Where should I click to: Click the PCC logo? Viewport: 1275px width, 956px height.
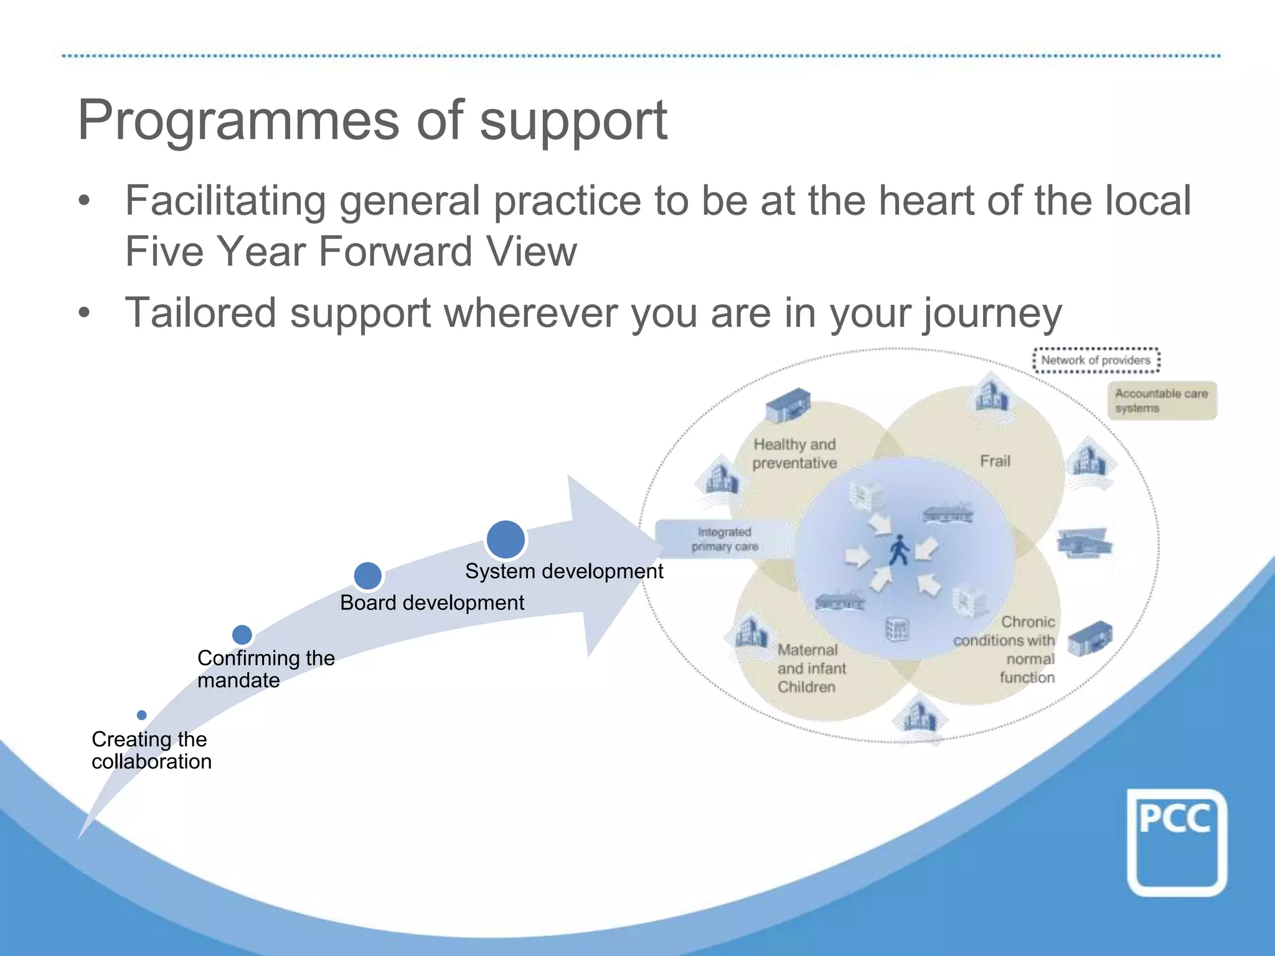click(1176, 841)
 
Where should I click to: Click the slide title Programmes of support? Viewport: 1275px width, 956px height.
click(372, 120)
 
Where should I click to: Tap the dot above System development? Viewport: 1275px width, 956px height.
click(506, 539)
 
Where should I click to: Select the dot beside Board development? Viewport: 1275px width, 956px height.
click(367, 576)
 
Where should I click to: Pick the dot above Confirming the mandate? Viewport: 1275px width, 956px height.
click(242, 635)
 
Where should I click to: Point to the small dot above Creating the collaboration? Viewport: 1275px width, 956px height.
click(142, 715)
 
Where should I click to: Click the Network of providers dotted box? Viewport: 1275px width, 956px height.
click(1096, 360)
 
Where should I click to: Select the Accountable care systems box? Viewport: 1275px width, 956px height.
click(1161, 401)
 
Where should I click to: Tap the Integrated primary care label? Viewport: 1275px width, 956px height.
click(724, 539)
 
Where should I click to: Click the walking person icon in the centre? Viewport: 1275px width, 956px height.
click(898, 550)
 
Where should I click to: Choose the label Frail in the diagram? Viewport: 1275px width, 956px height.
click(995, 461)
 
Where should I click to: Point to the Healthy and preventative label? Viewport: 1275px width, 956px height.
click(794, 454)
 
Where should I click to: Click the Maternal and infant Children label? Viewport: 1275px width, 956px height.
click(811, 668)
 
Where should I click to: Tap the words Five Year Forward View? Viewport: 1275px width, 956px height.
click(351, 251)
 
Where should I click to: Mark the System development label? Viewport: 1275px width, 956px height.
click(564, 571)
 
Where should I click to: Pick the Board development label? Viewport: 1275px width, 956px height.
click(432, 602)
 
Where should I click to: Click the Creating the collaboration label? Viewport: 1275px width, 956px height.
click(151, 750)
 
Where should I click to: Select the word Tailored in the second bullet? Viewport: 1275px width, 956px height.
click(200, 312)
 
